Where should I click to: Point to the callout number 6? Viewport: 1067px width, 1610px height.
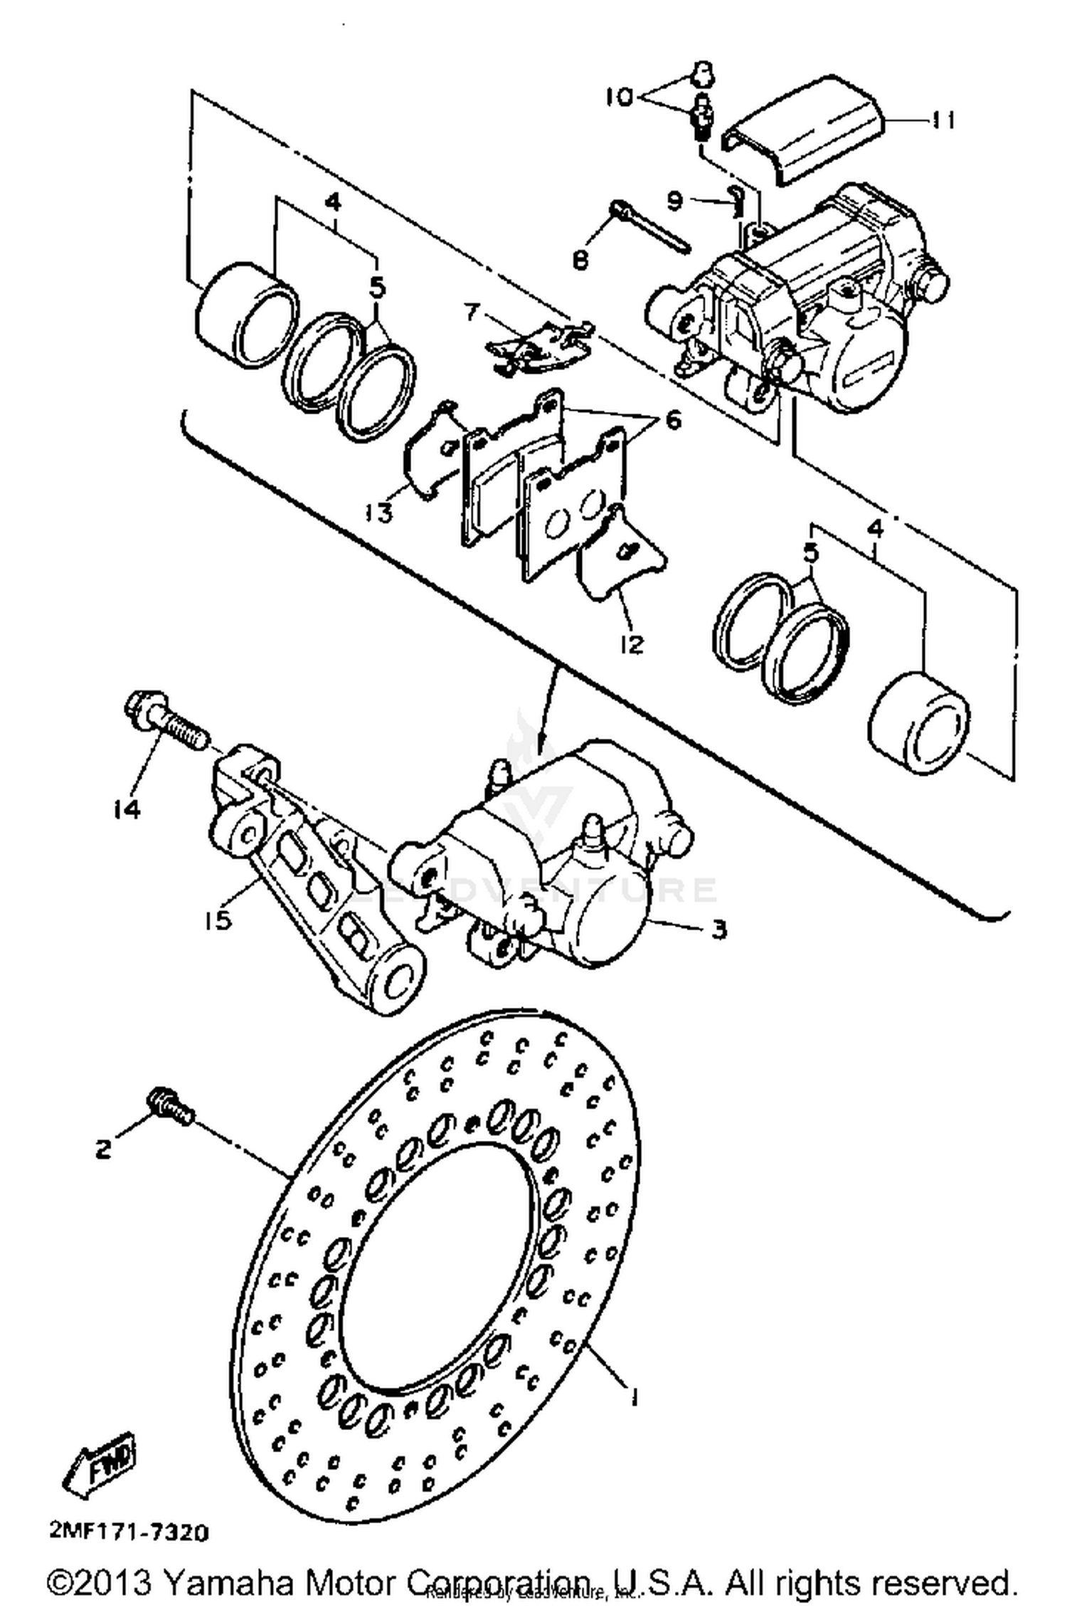(x=672, y=420)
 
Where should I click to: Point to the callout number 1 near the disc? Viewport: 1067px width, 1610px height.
(x=632, y=1396)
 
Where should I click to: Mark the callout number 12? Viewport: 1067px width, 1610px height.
(x=632, y=644)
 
